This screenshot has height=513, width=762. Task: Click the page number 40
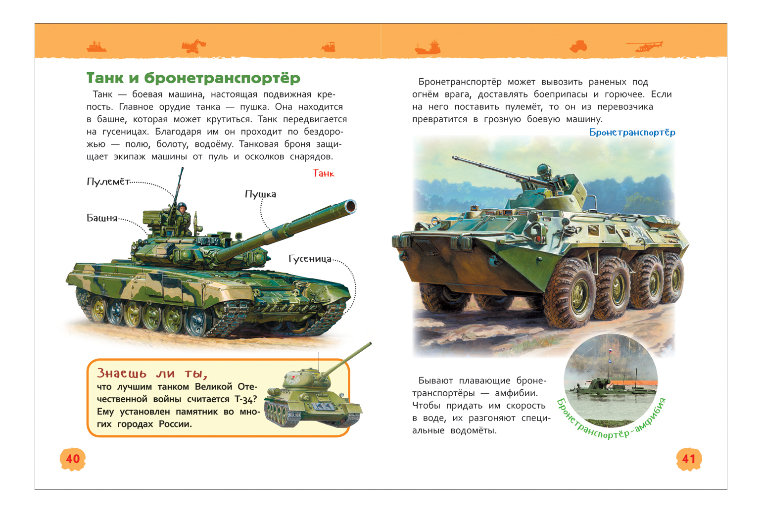pyautogui.click(x=72, y=459)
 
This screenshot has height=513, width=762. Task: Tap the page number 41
pyautogui.click(x=689, y=459)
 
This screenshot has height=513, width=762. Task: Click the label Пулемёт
pyautogui.click(x=108, y=182)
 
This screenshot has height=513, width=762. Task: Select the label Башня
pyautogui.click(x=102, y=218)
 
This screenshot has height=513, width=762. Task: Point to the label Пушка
pyautogui.click(x=261, y=194)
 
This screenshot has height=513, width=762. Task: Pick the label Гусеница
pyautogui.click(x=310, y=259)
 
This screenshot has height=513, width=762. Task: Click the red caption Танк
pyautogui.click(x=324, y=174)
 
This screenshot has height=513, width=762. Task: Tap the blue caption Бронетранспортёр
pyautogui.click(x=632, y=133)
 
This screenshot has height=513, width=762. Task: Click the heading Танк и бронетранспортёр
pyautogui.click(x=193, y=78)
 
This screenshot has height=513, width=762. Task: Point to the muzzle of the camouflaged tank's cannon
pyautogui.click(x=350, y=206)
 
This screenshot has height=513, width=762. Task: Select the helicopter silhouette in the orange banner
pyautogui.click(x=645, y=47)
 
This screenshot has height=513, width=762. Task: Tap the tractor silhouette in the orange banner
pyautogui.click(x=578, y=47)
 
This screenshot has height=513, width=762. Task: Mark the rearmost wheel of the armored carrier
pyautogui.click(x=673, y=277)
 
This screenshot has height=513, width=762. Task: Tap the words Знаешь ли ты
pyautogui.click(x=152, y=373)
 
